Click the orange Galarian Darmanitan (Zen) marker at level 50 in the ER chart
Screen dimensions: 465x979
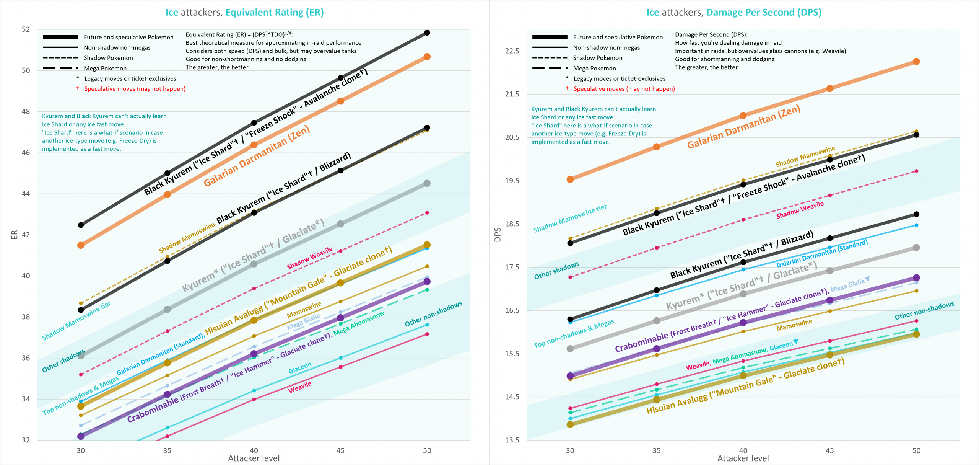pyautogui.click(x=427, y=57)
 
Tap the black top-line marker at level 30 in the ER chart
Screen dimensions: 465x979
pyautogui.click(x=81, y=225)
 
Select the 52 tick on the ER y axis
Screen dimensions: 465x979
pyautogui.click(x=26, y=29)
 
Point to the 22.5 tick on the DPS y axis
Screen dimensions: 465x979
pyautogui.click(x=512, y=51)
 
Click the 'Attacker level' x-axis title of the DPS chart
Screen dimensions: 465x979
pyautogui.click(x=743, y=458)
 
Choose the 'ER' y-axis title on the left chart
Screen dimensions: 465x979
pyautogui.click(x=15, y=235)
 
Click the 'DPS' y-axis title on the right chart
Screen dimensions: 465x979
pyautogui.click(x=498, y=235)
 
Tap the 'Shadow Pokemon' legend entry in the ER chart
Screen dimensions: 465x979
pyautogui.click(x=108, y=58)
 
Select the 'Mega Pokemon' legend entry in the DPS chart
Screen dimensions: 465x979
pyautogui.click(x=594, y=68)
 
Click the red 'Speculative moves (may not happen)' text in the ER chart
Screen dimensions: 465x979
pyautogui.click(x=135, y=89)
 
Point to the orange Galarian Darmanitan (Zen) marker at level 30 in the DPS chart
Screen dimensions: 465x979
pyautogui.click(x=570, y=179)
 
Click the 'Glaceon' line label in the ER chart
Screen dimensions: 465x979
pyautogui.click(x=300, y=368)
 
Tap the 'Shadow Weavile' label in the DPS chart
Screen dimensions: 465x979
pyautogui.click(x=800, y=210)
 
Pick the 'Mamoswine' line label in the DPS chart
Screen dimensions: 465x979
pyautogui.click(x=794, y=325)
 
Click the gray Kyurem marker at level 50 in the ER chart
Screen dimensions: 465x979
pyautogui.click(x=427, y=183)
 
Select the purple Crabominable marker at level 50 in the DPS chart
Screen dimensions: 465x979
pyautogui.click(x=916, y=278)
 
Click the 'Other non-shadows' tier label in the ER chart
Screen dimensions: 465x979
pyautogui.click(x=433, y=314)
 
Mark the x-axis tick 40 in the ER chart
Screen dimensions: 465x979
pyautogui.click(x=254, y=450)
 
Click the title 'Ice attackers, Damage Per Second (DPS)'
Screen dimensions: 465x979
pyautogui.click(x=733, y=12)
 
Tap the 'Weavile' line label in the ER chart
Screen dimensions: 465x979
pyautogui.click(x=299, y=387)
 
